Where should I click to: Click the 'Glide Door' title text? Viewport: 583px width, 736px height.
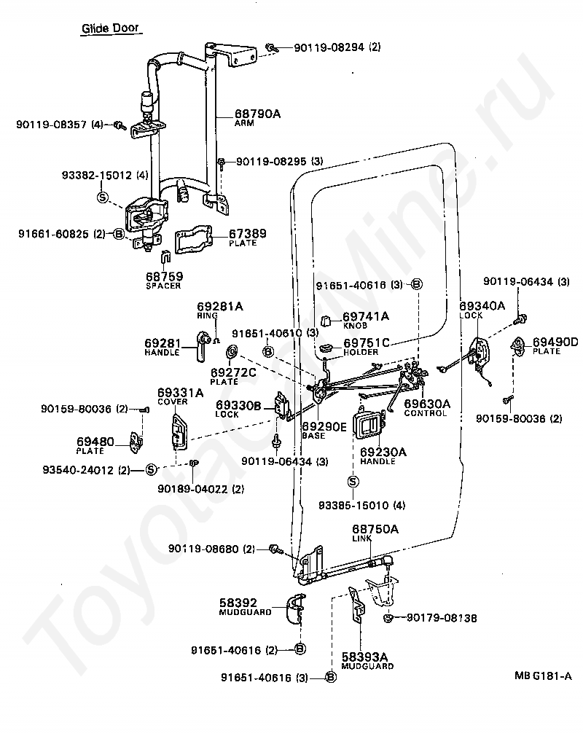coord(110,28)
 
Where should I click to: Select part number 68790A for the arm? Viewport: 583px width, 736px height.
coord(258,114)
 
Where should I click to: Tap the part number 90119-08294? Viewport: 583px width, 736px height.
coord(329,47)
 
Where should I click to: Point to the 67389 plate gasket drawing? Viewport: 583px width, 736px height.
coord(194,241)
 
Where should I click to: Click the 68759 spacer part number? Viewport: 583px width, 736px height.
coord(164,276)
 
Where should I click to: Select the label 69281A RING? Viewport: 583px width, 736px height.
coord(219,310)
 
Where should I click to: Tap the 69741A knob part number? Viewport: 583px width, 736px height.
coord(366,316)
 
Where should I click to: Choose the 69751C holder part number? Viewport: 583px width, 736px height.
coord(367,342)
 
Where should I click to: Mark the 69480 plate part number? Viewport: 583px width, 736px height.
coord(95,442)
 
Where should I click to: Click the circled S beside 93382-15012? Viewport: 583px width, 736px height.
coord(102,197)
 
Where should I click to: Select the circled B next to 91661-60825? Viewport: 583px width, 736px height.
coord(119,234)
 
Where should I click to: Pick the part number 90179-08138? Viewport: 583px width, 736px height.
coord(442,618)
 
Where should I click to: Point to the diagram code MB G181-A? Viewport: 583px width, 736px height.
coord(543,676)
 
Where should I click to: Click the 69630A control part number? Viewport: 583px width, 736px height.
coord(427,404)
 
